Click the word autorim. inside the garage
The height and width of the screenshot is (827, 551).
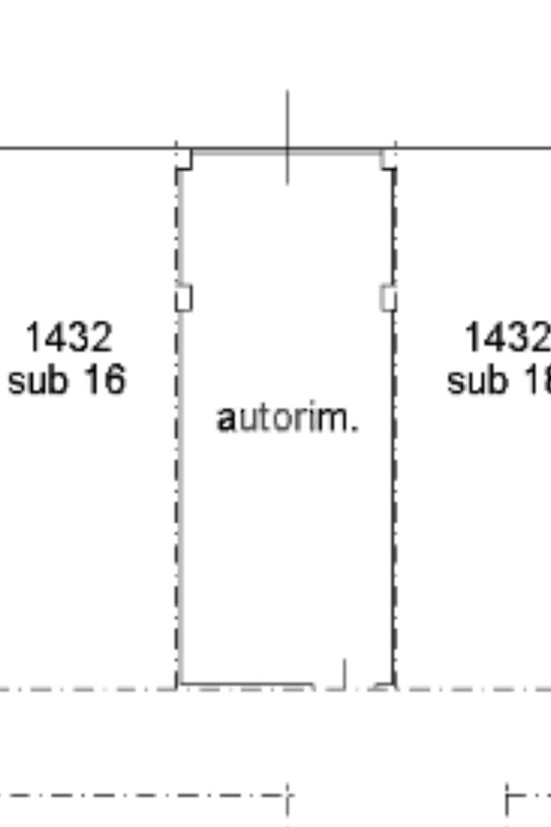point(286,418)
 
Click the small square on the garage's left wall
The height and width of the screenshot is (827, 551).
point(184,298)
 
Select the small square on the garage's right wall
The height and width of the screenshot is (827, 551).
point(388,298)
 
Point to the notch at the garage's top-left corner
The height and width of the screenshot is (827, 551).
point(185,159)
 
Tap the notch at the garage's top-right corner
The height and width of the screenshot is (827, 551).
point(388,159)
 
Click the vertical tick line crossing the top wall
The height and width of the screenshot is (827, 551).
point(287,137)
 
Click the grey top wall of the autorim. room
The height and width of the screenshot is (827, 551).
point(242,151)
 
